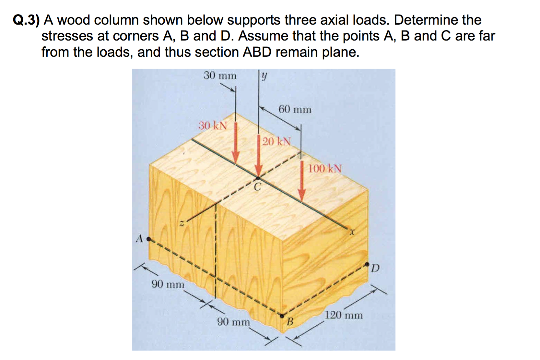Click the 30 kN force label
pos(213,126)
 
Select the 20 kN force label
pos(276,141)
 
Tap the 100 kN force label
pos(324,169)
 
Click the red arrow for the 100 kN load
pos(301,182)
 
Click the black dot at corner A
pos(149,239)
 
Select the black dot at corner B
pos(282,315)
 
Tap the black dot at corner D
pos(367,264)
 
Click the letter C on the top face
pos(257,187)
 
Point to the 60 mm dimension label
pos(295,110)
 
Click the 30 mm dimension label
pos(220,76)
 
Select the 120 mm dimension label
pos(344,315)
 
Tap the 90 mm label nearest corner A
pos(168,284)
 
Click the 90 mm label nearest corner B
pos(233,322)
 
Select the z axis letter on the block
pos(182,223)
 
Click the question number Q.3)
pos(26,20)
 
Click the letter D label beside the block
pos(375,269)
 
